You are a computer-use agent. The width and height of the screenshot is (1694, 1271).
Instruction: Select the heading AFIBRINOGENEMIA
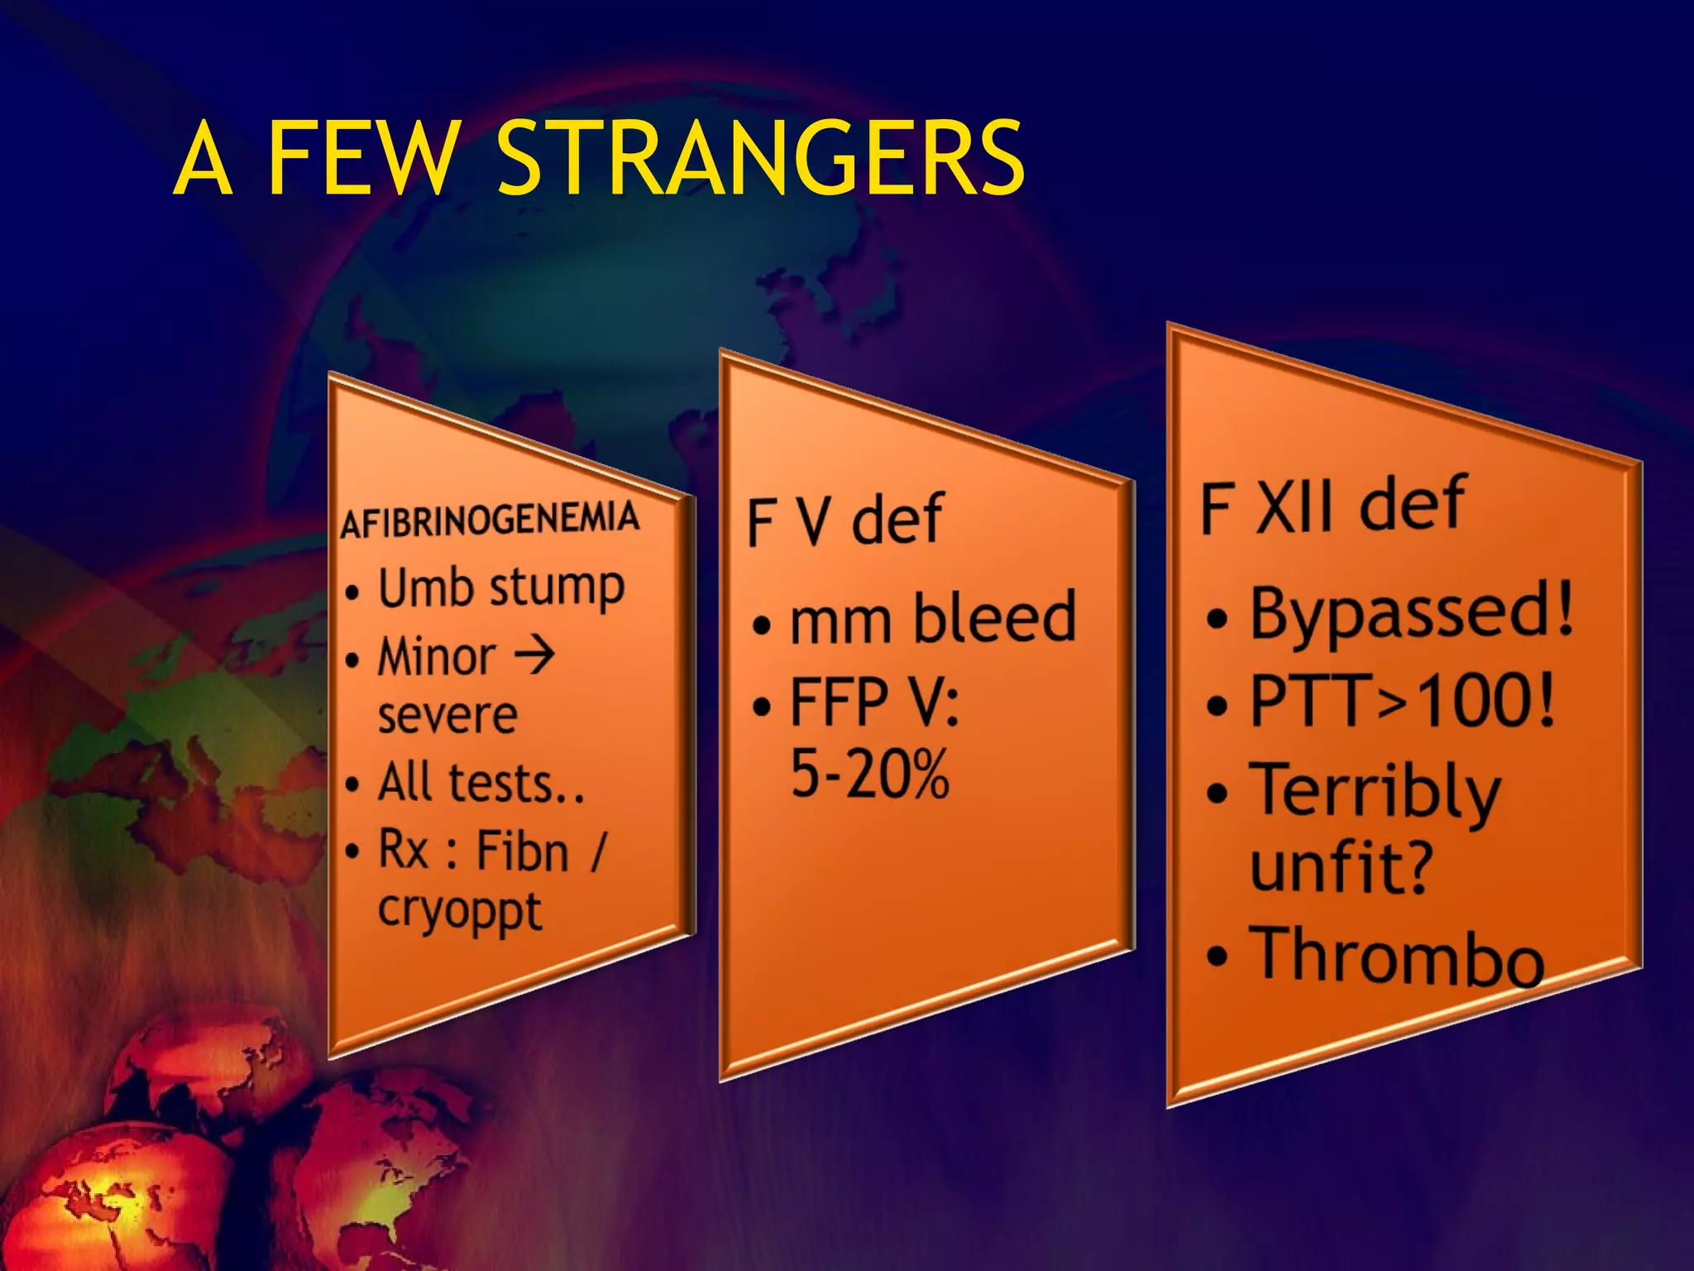pyautogui.click(x=490, y=520)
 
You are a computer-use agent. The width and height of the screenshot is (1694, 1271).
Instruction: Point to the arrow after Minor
pyautogui.click(x=534, y=655)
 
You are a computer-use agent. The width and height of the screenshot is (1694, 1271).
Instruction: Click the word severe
pyautogui.click(x=447, y=715)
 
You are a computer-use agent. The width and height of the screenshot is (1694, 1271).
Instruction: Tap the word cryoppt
pyautogui.click(x=459, y=912)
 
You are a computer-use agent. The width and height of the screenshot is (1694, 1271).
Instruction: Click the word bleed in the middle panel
pyautogui.click(x=993, y=617)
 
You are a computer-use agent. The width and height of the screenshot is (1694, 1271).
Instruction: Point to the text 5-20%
pyautogui.click(x=869, y=773)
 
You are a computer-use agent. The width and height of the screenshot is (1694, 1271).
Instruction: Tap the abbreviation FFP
pyautogui.click(x=839, y=702)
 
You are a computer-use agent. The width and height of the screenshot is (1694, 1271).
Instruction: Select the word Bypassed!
pyautogui.click(x=1411, y=612)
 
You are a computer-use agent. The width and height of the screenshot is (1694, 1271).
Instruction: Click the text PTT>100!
pyautogui.click(x=1401, y=700)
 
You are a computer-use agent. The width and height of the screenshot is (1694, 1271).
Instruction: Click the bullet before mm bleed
pyautogui.click(x=761, y=625)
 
